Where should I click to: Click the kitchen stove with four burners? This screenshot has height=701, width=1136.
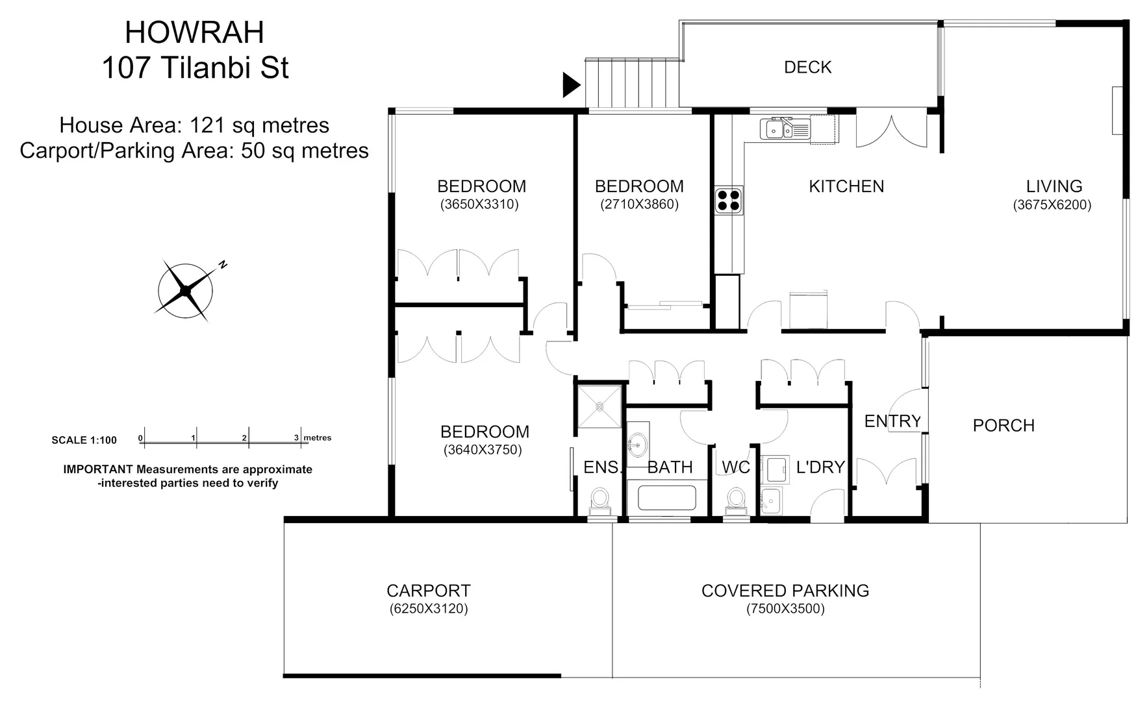point(729,200)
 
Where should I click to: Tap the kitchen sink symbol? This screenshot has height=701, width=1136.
point(785,129)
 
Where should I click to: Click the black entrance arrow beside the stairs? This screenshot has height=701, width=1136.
point(570,84)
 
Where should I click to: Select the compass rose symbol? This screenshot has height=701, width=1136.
point(186,291)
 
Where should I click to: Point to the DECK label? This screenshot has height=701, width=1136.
point(807,68)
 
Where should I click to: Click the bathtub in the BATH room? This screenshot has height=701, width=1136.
point(666,498)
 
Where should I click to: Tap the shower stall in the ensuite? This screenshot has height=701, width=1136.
point(600,407)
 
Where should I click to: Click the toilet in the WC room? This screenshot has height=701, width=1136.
point(736,501)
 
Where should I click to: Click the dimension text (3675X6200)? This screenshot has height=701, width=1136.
point(1052,205)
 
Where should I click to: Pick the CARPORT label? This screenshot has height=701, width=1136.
point(428,591)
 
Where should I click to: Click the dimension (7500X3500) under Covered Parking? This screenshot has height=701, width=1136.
point(785,609)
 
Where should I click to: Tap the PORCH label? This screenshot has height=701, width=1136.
point(1003,426)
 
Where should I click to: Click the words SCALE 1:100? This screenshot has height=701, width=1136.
point(84,440)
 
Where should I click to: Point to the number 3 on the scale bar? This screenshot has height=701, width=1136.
point(296,437)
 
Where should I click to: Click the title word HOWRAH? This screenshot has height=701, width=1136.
point(195,33)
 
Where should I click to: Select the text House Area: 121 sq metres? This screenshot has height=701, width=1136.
point(194,125)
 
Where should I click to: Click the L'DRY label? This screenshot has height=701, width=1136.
point(820,467)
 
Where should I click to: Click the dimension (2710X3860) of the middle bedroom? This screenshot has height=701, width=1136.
point(639,205)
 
